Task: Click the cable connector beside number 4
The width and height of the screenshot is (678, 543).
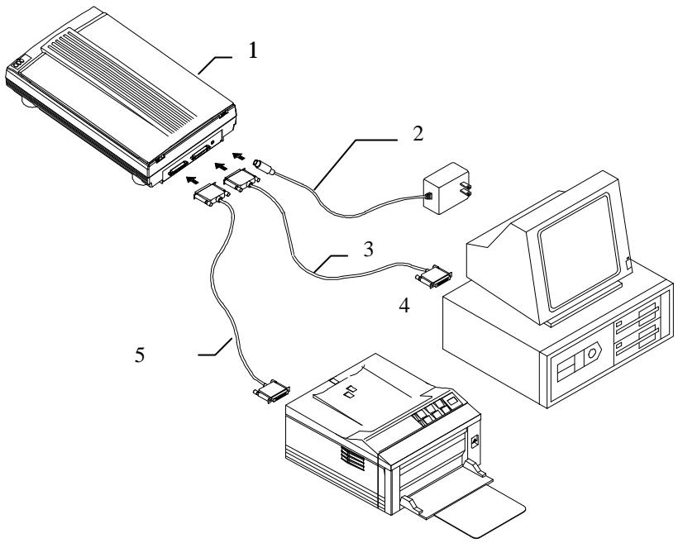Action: click(x=436, y=278)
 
